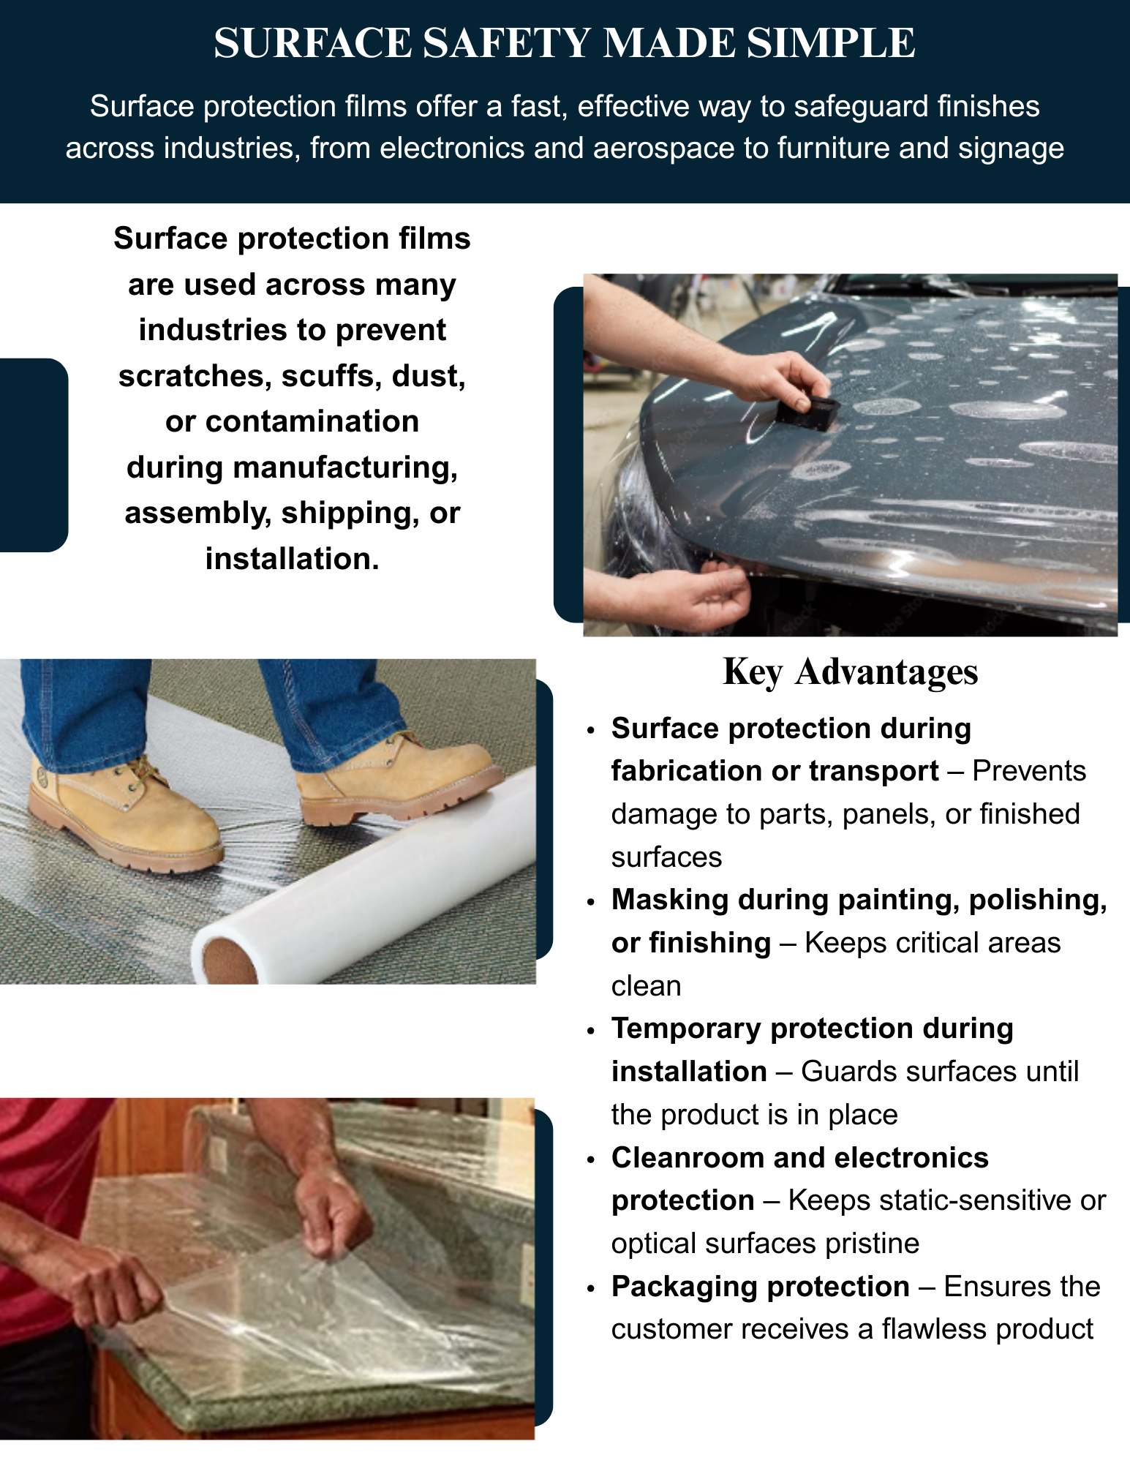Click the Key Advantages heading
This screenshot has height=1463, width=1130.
point(850,672)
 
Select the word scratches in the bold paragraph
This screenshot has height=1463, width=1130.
point(195,376)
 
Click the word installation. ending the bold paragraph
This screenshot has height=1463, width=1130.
point(293,559)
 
